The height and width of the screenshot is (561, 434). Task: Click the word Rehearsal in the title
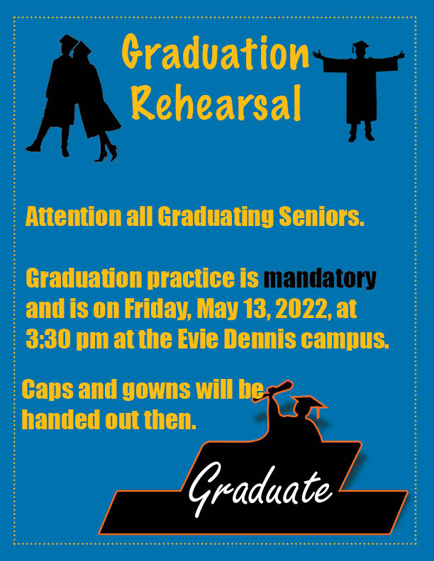[x=216, y=103]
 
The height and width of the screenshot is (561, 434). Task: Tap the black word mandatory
[x=320, y=278]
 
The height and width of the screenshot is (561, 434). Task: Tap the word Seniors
[x=321, y=216]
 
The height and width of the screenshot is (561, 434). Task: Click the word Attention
[x=74, y=216]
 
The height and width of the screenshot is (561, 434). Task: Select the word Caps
[x=48, y=390]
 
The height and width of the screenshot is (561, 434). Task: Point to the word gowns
[x=157, y=390]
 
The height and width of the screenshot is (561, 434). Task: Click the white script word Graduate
[x=260, y=489]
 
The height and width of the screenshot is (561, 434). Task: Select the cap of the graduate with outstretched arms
[x=360, y=45]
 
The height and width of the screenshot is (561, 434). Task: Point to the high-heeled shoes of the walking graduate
[x=106, y=152]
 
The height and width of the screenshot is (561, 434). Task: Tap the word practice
[x=191, y=278]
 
